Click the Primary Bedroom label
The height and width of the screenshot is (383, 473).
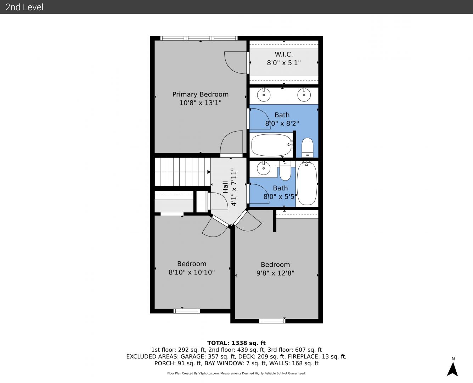200,94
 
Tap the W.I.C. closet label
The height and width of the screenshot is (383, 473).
283,54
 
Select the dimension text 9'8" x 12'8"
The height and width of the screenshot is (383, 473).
275,273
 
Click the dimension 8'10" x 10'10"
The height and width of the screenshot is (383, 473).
192,272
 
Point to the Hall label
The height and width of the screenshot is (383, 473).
225,187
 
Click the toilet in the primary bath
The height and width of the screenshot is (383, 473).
307,148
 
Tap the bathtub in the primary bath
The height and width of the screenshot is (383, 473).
272,145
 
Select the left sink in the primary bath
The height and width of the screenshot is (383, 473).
264,95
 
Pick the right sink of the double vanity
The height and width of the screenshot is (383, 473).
304,95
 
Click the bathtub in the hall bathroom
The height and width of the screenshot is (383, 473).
307,184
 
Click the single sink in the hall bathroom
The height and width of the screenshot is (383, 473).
264,168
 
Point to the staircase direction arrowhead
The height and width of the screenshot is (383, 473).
209,172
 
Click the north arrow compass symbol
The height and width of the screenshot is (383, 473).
452,370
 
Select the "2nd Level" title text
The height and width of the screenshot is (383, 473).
24,7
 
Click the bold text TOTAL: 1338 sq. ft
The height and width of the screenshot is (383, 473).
236,343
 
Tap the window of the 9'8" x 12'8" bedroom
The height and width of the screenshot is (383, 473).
272,321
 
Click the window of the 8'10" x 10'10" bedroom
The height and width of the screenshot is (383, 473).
186,311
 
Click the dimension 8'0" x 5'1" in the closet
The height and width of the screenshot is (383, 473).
283,63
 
